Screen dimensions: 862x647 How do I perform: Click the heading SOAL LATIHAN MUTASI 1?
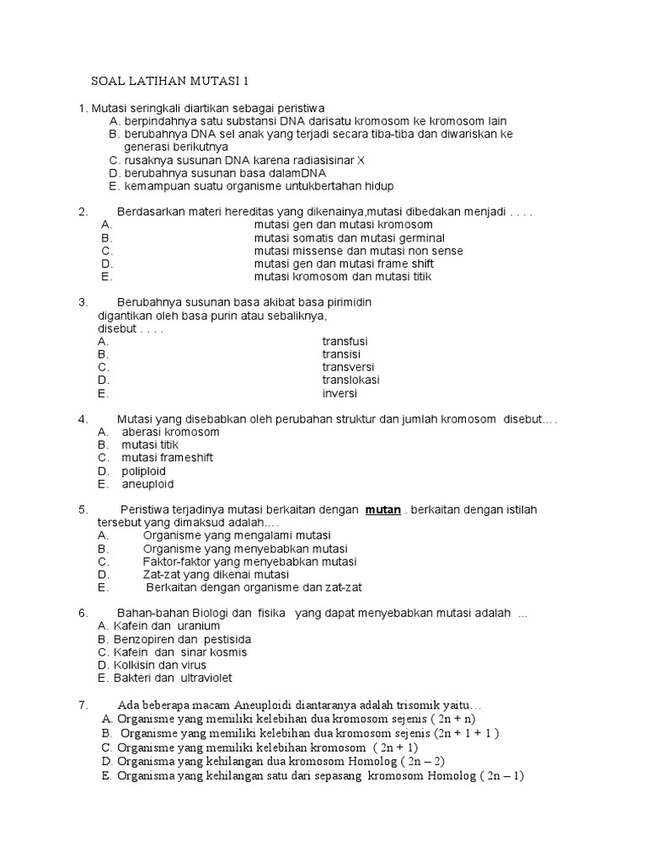(170, 82)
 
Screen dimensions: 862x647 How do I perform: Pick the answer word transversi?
(348, 367)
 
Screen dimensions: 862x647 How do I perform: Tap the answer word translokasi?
(350, 380)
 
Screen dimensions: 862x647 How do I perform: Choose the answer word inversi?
(340, 393)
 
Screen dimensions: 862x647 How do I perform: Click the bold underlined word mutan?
(382, 510)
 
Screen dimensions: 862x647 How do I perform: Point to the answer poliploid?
(144, 471)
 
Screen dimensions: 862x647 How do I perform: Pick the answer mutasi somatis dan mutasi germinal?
(350, 238)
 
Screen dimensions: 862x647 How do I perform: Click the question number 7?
(82, 705)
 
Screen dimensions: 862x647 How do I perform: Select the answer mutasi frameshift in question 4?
(168, 457)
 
